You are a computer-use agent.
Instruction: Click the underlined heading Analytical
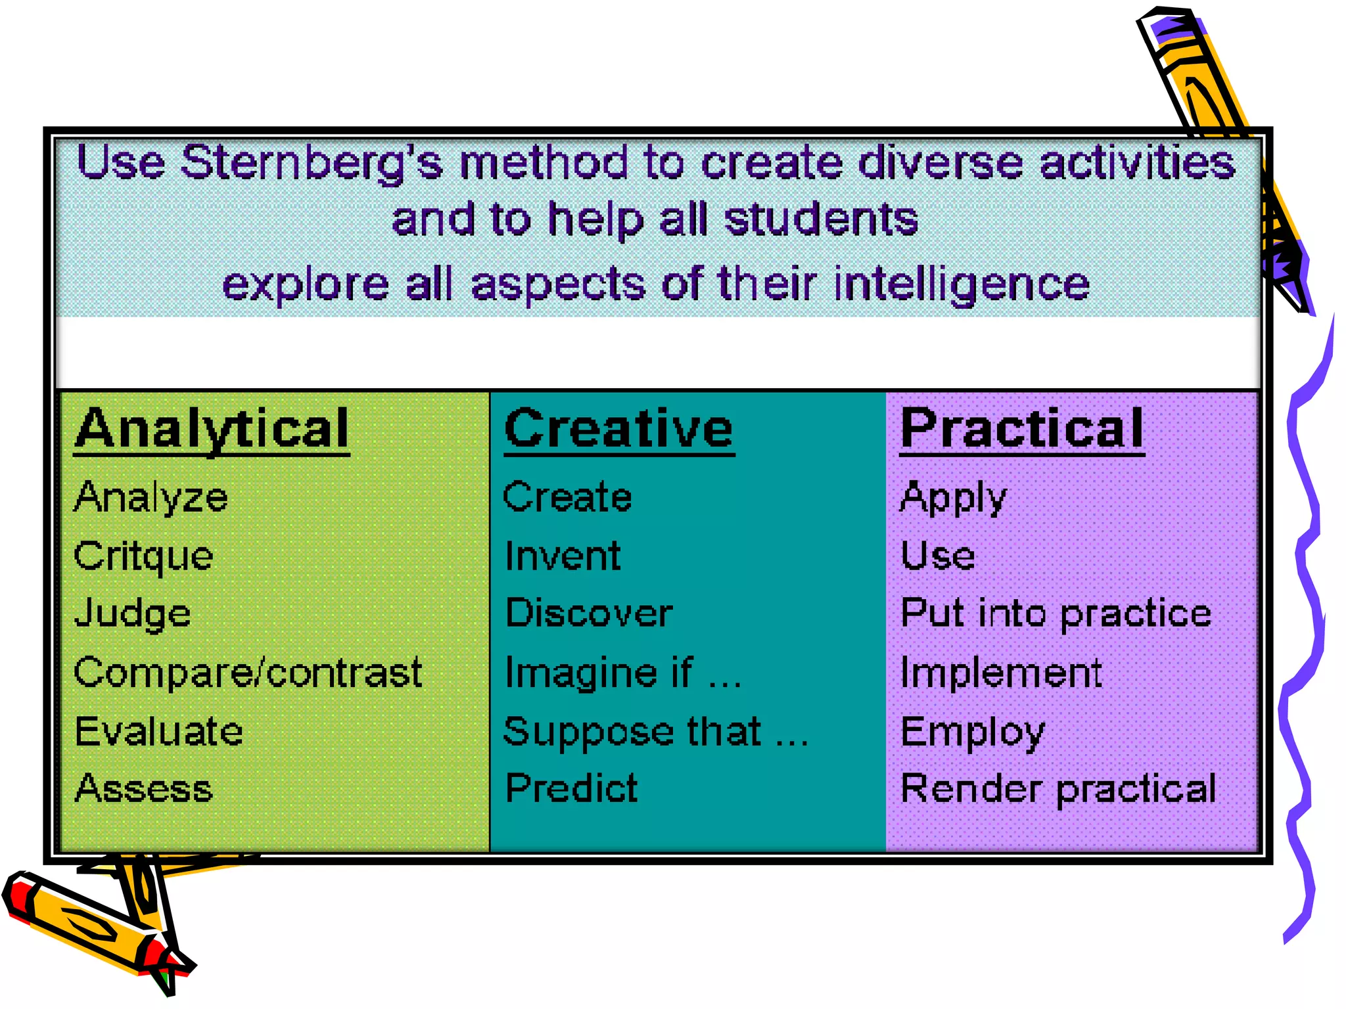point(212,428)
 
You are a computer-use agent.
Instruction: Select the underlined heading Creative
point(618,428)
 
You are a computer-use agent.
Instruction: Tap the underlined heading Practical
point(1021,428)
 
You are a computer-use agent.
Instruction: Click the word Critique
point(143,556)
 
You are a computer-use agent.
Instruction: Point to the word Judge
point(133,614)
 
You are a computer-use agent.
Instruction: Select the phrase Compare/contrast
point(248,673)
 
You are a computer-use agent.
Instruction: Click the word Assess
point(143,788)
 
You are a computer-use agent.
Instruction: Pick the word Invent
point(563,556)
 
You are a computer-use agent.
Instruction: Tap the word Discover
point(589,614)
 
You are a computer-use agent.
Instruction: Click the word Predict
point(571,788)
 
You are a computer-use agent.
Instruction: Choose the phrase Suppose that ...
point(632,732)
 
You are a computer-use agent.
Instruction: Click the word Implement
point(1000,673)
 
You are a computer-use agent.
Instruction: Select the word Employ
point(972,732)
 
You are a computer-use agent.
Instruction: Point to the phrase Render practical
point(1058,788)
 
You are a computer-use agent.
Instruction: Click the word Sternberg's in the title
point(312,163)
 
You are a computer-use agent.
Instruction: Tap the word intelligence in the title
point(962,284)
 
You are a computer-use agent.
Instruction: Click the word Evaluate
point(158,731)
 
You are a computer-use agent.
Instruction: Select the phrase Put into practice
point(1056,614)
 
